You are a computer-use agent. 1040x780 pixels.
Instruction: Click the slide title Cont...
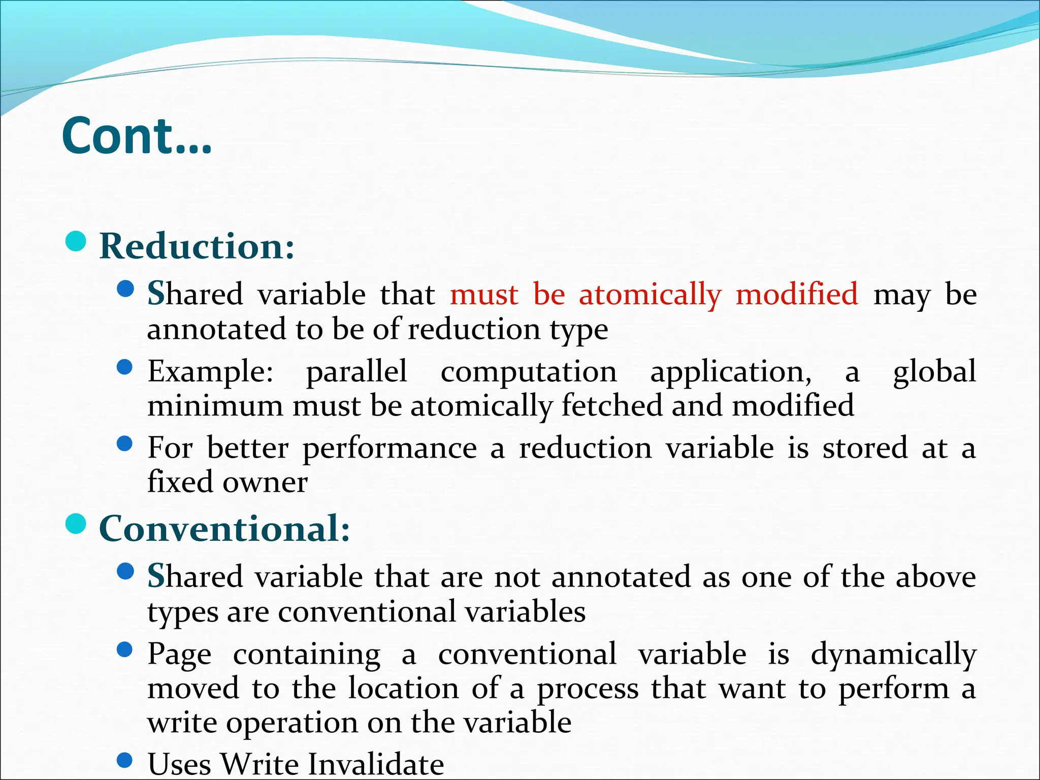pos(136,136)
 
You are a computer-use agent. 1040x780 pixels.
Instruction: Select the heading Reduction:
pos(197,246)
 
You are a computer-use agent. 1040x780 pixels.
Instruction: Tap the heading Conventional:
pos(224,529)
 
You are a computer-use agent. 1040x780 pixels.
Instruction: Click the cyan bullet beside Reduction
pos(76,241)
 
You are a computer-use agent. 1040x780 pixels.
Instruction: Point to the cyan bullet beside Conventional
pos(76,524)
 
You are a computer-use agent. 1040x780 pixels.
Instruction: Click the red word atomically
pos(649,295)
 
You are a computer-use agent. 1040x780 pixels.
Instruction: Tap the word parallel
pos(356,371)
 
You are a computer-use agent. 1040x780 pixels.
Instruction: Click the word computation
pos(528,372)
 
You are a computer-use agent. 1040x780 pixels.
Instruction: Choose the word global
pos(934,371)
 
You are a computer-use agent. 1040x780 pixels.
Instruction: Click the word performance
pos(389,449)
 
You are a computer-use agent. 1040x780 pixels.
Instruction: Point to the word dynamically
pos(893,655)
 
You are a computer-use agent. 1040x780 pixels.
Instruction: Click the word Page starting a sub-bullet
pos(179,655)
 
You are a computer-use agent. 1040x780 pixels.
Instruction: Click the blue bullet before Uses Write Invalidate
pos(124,760)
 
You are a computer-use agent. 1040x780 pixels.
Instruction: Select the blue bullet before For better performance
pos(124,444)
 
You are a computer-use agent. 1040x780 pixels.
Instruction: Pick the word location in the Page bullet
pos(404,689)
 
